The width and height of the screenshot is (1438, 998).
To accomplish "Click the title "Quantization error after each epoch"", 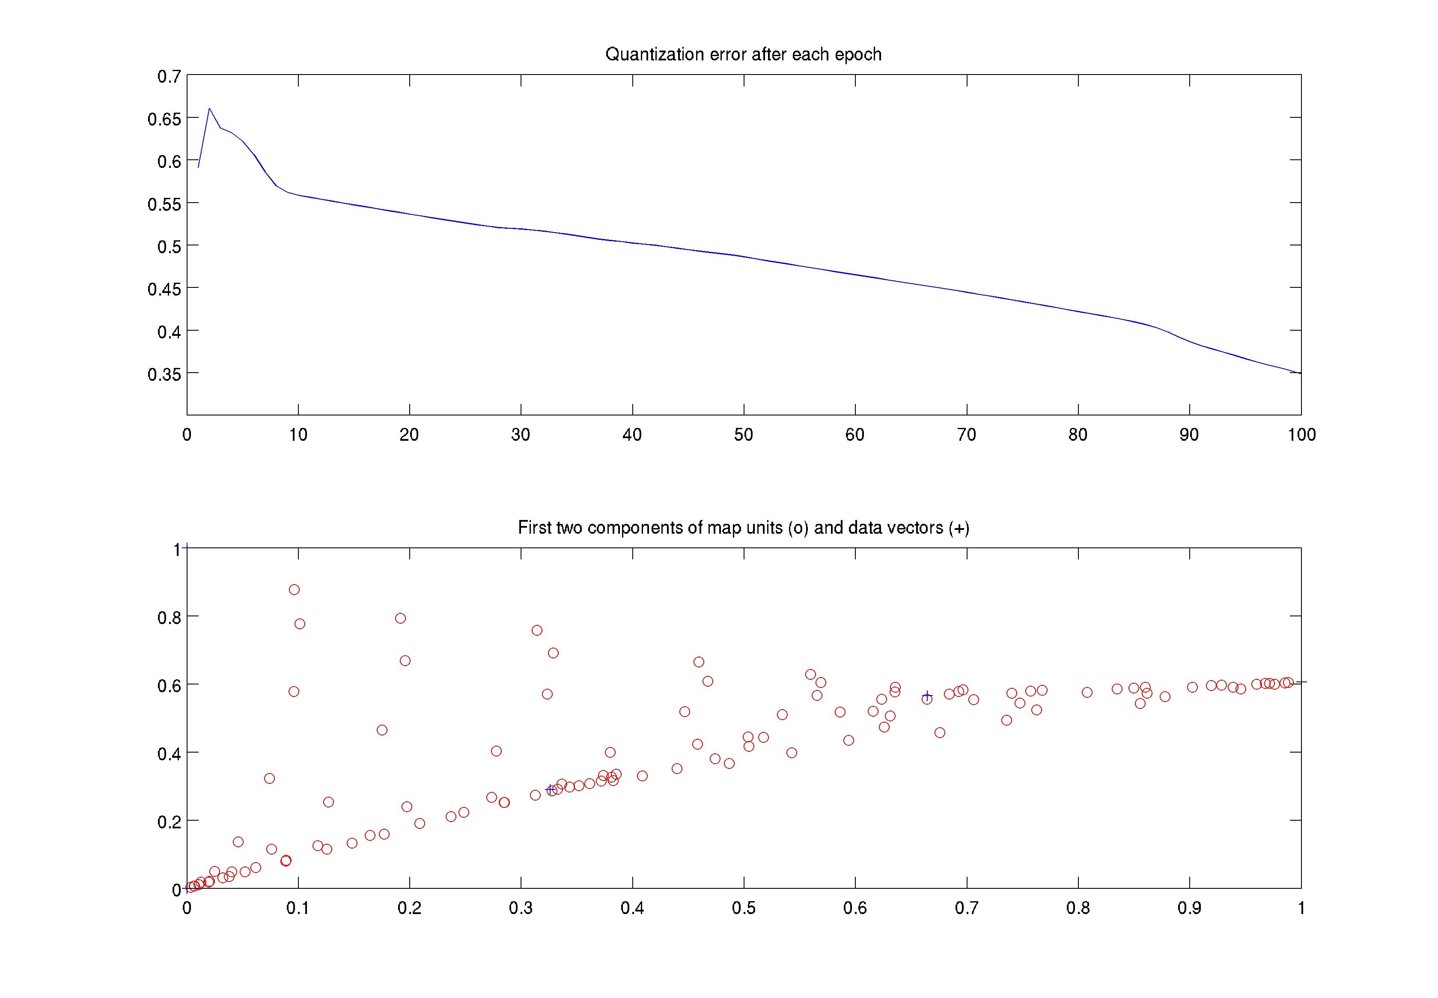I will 743,54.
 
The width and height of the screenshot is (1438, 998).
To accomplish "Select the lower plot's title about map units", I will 743,528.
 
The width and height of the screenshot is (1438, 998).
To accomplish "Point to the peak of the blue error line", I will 209,108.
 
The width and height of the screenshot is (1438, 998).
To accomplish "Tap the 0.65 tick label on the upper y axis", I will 164,119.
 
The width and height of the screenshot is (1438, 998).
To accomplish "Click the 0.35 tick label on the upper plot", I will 164,374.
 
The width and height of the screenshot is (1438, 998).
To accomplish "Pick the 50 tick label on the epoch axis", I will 743,435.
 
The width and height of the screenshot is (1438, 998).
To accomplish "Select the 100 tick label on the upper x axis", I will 1301,435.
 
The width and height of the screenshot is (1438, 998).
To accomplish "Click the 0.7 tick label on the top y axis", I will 169,76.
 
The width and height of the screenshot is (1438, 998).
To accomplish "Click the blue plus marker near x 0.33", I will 551,790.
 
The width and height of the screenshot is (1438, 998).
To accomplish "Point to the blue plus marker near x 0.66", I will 927,695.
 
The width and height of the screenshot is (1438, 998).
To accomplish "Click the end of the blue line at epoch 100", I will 1300,373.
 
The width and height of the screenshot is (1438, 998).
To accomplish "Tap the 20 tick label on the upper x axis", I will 409,435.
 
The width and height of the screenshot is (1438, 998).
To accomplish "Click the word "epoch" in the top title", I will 857,55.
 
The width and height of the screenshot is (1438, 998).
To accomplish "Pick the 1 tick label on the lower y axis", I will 177,549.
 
